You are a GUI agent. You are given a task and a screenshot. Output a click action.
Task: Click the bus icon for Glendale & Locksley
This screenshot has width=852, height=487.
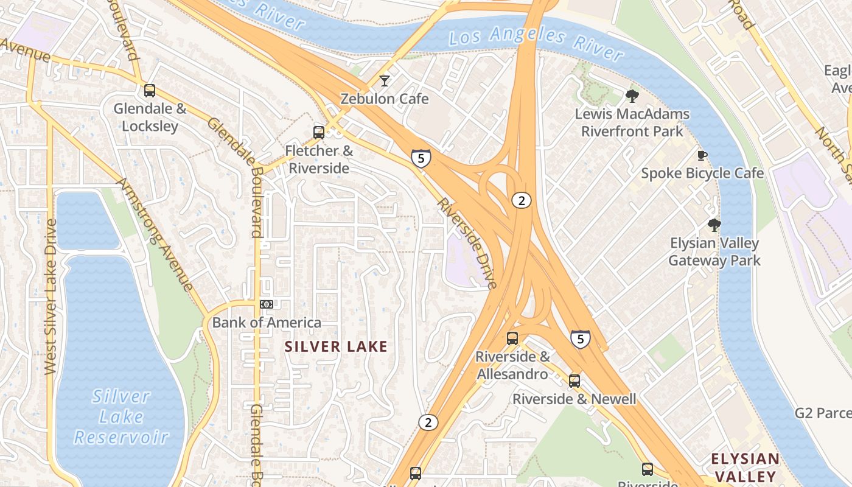click(150, 91)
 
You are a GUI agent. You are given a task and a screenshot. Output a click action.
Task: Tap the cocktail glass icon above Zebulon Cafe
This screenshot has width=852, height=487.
click(385, 80)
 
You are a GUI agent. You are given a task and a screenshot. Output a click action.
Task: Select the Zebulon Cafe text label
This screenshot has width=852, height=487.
click(385, 99)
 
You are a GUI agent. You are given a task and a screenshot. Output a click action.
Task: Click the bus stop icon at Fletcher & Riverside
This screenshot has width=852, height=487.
click(319, 132)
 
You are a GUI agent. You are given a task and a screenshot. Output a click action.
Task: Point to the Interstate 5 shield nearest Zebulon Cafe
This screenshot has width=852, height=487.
click(421, 158)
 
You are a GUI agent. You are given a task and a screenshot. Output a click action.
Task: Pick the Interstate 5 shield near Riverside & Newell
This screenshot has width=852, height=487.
click(581, 338)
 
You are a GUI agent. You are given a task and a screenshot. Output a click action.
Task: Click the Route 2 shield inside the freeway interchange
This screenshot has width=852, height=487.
click(521, 200)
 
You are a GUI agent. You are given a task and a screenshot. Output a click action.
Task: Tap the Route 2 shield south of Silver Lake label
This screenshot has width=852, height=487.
click(428, 422)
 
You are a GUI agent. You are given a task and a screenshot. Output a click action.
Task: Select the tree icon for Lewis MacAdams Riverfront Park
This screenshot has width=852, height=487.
click(632, 96)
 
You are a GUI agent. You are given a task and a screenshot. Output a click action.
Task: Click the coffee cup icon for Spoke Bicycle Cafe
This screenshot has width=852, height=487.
click(702, 155)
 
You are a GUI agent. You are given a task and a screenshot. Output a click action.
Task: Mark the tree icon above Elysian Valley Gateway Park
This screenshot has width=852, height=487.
click(714, 225)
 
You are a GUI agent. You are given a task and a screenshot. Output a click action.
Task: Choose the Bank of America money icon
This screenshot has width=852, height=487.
click(267, 304)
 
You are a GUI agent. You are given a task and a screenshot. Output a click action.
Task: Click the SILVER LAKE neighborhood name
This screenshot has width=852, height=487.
click(336, 347)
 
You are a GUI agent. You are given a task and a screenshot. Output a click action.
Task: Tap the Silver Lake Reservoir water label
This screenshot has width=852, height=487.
click(121, 417)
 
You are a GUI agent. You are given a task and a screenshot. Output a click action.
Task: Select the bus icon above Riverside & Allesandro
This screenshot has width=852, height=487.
click(512, 338)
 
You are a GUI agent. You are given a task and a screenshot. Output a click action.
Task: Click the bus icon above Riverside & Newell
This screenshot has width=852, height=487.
click(574, 381)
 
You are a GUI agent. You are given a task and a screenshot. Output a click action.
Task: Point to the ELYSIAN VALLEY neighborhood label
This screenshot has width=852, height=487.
click(745, 468)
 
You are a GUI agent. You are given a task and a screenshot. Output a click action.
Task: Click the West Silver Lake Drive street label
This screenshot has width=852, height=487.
click(51, 296)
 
